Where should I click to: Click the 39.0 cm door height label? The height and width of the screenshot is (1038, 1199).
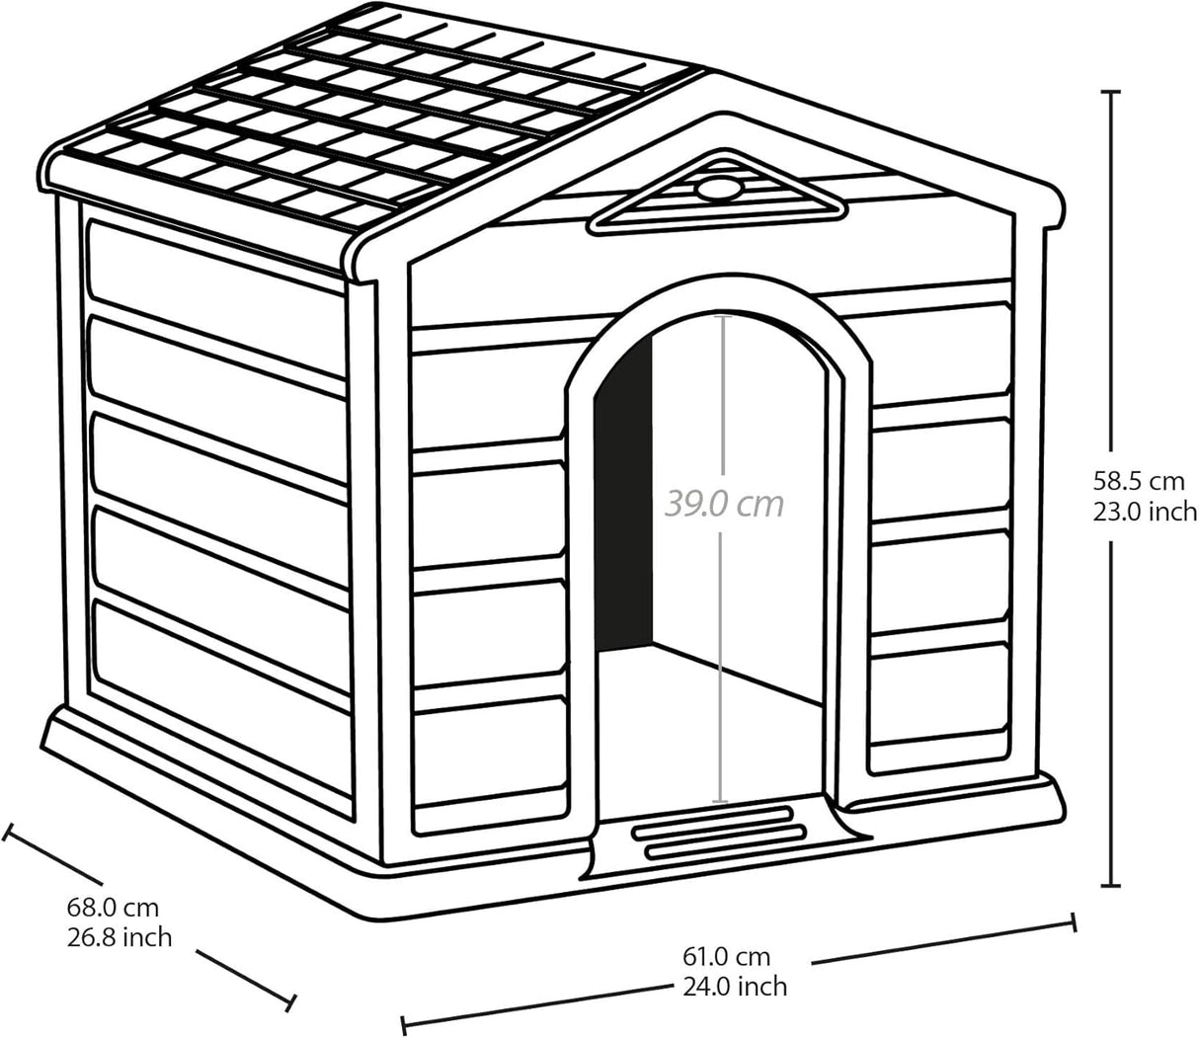pos(724,504)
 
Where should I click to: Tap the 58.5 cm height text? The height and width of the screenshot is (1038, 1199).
pos(1137,482)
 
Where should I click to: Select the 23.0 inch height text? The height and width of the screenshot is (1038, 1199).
pos(1144,512)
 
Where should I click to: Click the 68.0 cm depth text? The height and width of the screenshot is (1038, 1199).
pos(113,907)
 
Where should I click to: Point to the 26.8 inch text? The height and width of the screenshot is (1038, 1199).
pos(120,936)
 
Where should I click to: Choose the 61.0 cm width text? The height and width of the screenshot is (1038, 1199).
pos(726,956)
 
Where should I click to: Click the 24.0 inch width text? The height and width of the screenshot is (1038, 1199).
pos(735,986)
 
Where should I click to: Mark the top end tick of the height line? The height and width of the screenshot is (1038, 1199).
pos(1111,91)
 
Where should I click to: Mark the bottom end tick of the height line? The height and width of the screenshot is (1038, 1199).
pos(1111,884)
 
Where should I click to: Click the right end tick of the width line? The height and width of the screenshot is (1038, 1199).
pos(1074,922)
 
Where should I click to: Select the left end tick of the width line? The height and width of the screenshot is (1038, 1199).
pos(403,1023)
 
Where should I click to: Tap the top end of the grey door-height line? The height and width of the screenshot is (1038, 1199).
pos(722,316)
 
